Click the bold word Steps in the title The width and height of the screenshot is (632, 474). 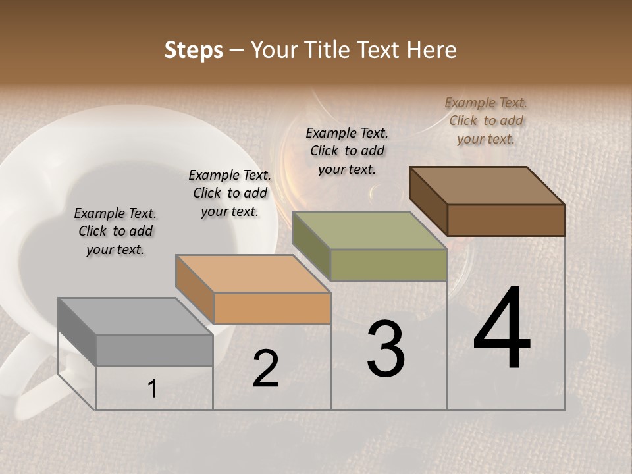tap(194, 50)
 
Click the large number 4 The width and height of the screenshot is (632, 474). tap(502, 329)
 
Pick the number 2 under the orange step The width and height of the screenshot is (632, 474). tap(265, 369)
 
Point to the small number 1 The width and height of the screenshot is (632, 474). tap(152, 389)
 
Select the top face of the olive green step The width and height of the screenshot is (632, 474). tap(369, 231)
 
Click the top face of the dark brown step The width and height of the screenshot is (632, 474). tap(487, 186)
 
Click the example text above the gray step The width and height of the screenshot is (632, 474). tap(115, 231)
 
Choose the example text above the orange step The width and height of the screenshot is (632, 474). tap(229, 193)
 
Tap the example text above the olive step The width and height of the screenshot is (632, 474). tap(347, 151)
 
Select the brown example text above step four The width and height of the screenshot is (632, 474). tap(486, 120)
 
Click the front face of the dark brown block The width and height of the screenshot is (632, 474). tap(506, 220)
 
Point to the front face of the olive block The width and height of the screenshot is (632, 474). tap(388, 265)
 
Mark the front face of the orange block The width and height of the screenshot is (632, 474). tap(272, 309)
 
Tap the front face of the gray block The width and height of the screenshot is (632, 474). tap(154, 351)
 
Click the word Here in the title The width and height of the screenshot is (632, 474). tap(434, 50)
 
